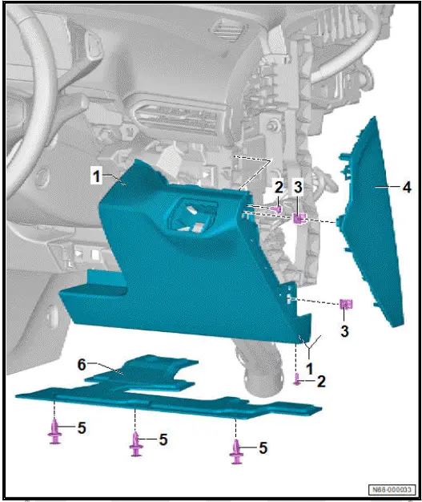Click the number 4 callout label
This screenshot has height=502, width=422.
click(407, 187)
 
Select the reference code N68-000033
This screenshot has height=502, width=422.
click(392, 489)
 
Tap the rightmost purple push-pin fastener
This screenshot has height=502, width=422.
click(236, 451)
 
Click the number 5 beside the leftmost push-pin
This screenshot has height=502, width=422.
click(82, 427)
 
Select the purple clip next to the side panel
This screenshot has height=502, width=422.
click(347, 304)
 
